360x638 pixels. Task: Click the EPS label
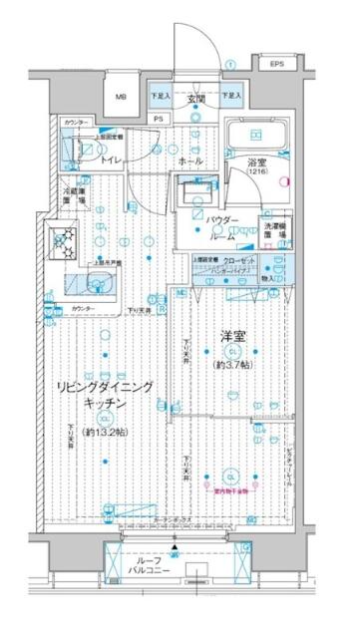coord(274,66)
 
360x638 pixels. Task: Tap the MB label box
coord(121,97)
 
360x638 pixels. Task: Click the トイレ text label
coord(111,159)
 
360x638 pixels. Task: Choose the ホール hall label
coord(192,159)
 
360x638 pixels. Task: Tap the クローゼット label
coord(243,260)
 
